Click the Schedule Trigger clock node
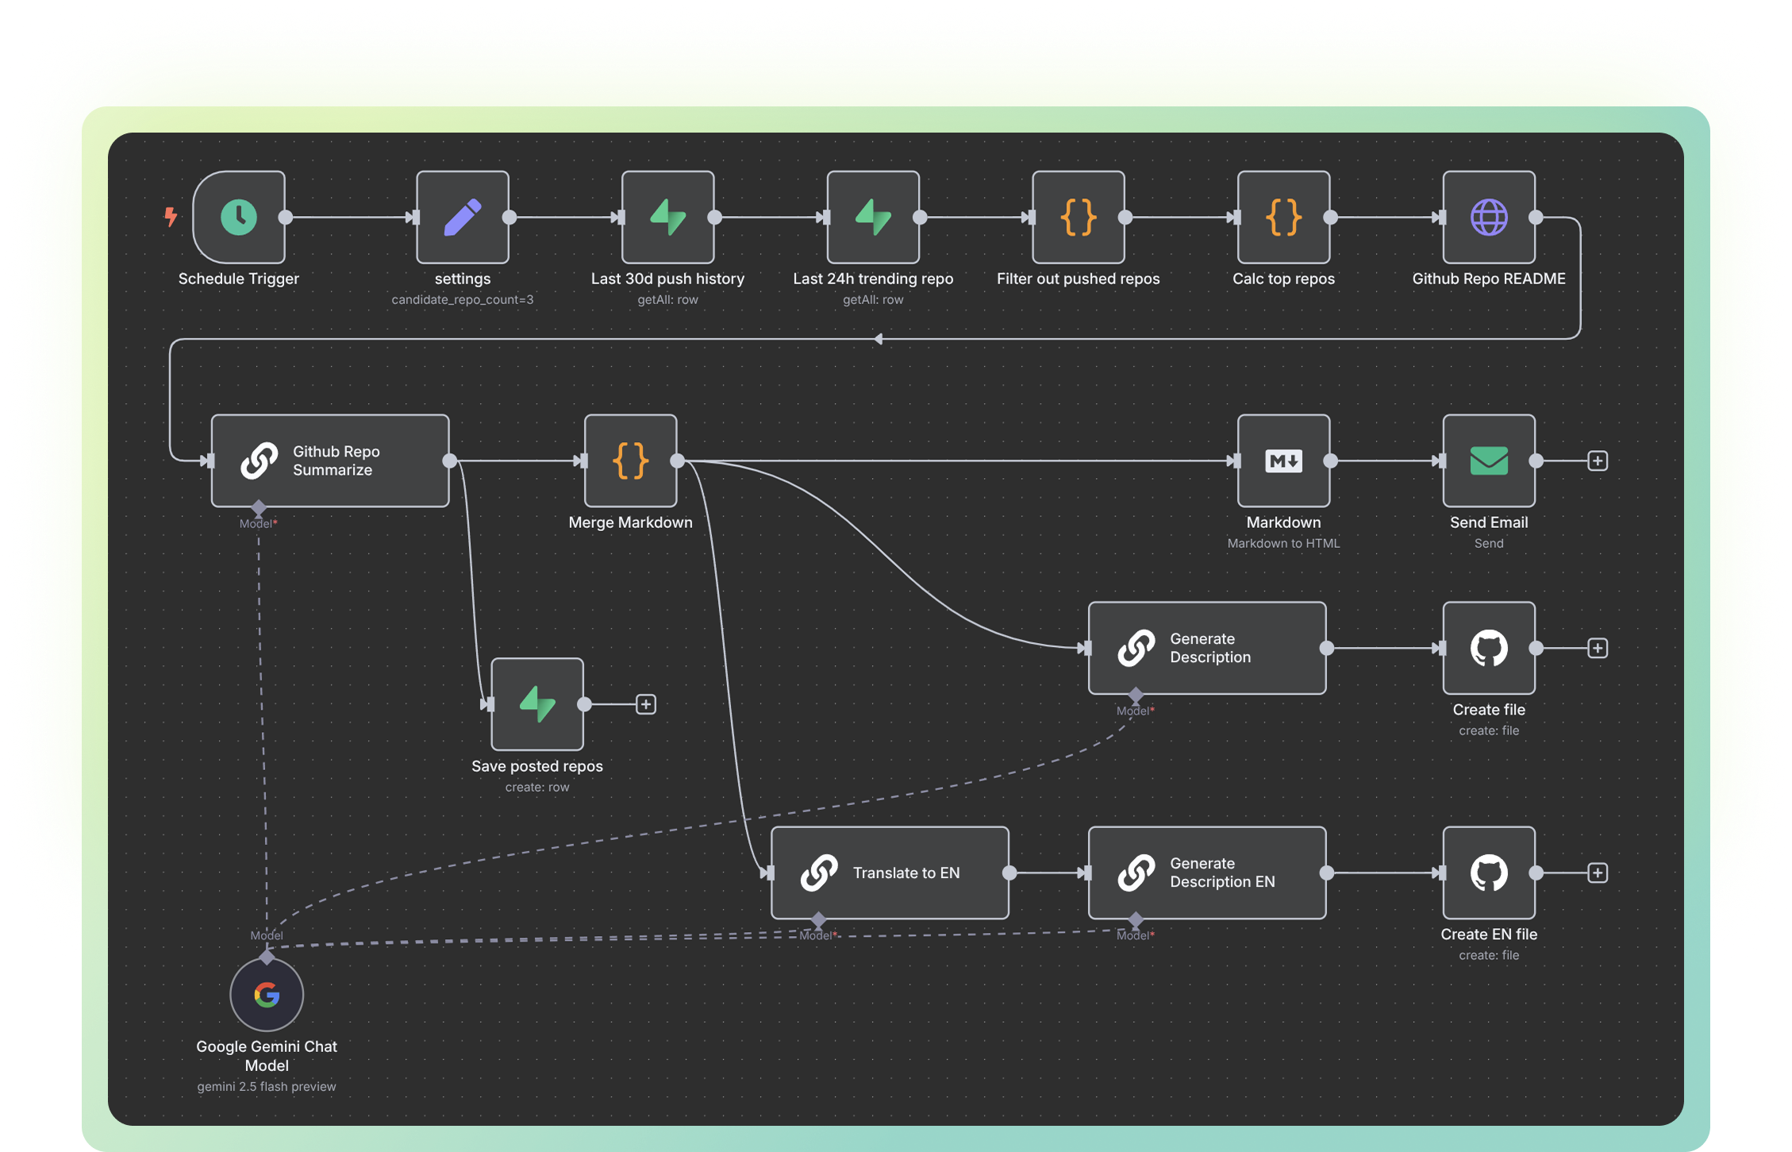(239, 217)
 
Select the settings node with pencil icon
(463, 217)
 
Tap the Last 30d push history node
(667, 217)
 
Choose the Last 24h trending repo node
(873, 217)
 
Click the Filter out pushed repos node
(1078, 217)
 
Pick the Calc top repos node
(1283, 217)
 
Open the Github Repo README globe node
(1489, 217)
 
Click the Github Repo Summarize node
(330, 460)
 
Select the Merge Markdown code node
(630, 460)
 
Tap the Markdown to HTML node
(1283, 460)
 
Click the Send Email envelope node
(1489, 460)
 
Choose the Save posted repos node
(537, 704)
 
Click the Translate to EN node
(890, 873)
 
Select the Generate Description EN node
(1206, 873)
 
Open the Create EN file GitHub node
(1489, 873)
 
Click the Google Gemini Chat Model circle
(267, 994)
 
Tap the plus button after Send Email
(1598, 460)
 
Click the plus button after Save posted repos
(646, 704)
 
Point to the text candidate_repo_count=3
(463, 300)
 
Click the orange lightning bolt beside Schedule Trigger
(171, 216)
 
